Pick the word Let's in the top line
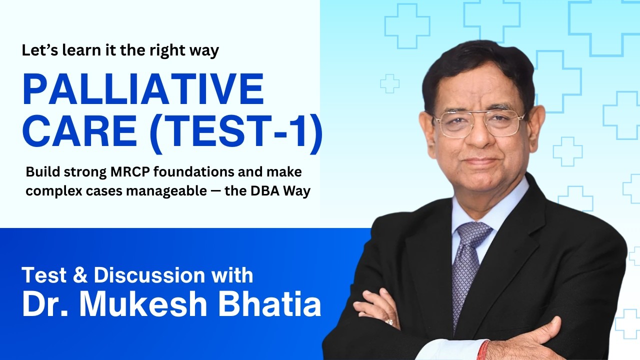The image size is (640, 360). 37,51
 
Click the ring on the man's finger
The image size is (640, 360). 389,321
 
